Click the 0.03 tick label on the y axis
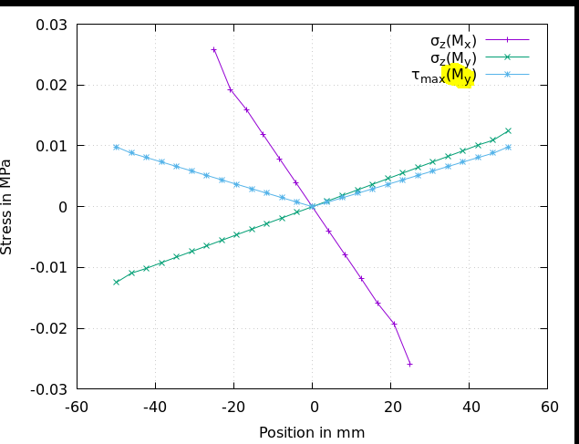51,25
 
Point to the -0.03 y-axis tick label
49,389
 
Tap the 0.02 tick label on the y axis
51,85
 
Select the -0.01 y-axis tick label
49,267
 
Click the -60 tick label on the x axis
77,408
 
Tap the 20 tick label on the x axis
390,408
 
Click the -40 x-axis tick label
155,408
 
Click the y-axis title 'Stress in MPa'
7,206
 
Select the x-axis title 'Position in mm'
312,433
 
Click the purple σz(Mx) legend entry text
453,40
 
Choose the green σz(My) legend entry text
453,58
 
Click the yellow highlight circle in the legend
459,76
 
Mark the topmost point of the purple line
214,50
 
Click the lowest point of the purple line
409,364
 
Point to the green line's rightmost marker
508,130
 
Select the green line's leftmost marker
116,282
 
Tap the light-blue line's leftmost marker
116,147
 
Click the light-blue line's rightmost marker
508,147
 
